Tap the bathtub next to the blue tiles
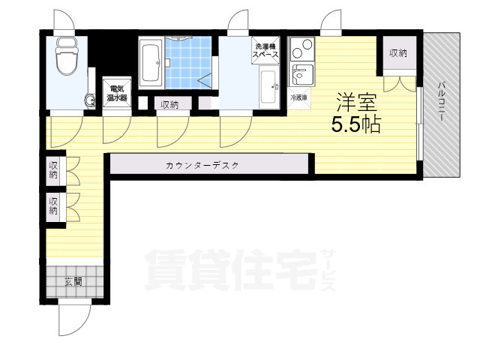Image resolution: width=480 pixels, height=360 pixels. click(x=151, y=65)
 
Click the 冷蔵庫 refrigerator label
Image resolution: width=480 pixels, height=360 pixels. click(x=298, y=97)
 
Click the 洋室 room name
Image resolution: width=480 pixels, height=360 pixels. click(x=355, y=100)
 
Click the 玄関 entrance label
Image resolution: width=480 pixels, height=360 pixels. click(x=73, y=282)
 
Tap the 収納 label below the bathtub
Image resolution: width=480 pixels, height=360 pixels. click(x=169, y=105)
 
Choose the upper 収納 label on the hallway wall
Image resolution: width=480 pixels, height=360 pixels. click(x=53, y=169)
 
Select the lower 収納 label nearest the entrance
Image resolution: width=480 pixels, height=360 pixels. click(x=53, y=205)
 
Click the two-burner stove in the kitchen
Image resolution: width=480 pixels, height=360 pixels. click(x=301, y=50)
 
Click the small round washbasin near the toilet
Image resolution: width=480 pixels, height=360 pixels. click(x=91, y=100)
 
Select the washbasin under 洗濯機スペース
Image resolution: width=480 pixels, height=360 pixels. click(x=268, y=88)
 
